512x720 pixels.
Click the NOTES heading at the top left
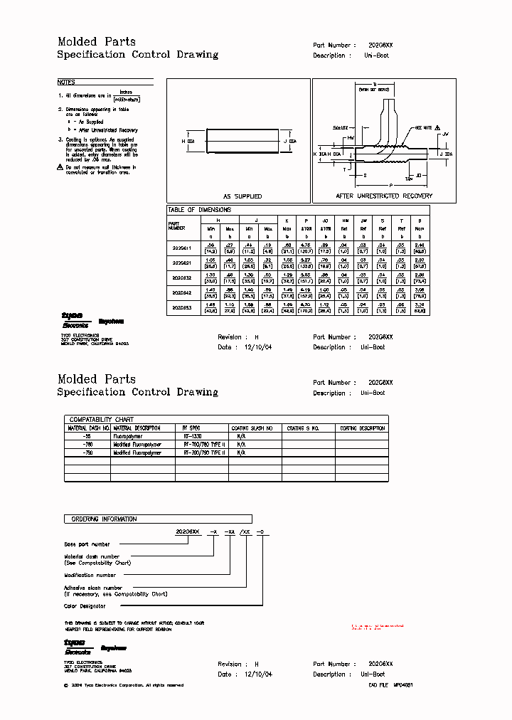[x=66, y=83]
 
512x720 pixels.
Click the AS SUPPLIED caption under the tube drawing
[x=242, y=196]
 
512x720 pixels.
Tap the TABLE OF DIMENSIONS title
[x=199, y=210]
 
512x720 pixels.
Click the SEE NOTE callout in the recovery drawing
[x=424, y=128]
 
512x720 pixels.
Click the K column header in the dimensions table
[x=287, y=221]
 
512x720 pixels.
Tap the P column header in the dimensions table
[x=306, y=221]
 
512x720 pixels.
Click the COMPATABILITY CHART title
[x=101, y=420]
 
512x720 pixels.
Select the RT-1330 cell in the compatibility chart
[x=193, y=436]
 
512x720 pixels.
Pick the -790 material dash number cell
[x=88, y=452]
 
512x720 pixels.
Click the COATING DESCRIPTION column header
[x=363, y=428]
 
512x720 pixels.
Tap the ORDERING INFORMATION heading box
[x=103, y=519]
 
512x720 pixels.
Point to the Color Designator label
[x=85, y=606]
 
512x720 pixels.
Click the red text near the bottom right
[x=378, y=627]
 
